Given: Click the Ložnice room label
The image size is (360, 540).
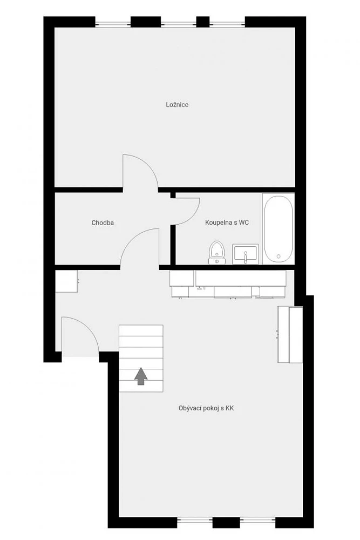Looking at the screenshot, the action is pyautogui.click(x=177, y=105).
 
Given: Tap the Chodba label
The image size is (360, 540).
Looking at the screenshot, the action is pyautogui.click(x=103, y=223).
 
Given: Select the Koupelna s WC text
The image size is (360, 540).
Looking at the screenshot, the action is pyautogui.click(x=227, y=222).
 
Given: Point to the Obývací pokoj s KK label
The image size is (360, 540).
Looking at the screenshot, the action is pyautogui.click(x=206, y=408).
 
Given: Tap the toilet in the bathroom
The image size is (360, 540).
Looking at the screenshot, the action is pyautogui.click(x=217, y=252).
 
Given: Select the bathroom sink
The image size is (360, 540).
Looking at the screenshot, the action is pyautogui.click(x=246, y=254).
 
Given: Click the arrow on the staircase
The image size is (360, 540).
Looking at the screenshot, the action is pyautogui.click(x=141, y=376).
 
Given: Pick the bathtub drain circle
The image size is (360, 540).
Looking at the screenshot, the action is pyautogui.click(x=279, y=256).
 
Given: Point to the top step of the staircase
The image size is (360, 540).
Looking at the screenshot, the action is pyautogui.click(x=141, y=330).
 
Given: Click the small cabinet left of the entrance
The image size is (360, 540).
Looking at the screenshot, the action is pyautogui.click(x=67, y=281).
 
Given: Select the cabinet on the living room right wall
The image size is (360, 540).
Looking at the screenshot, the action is pyautogui.click(x=290, y=334).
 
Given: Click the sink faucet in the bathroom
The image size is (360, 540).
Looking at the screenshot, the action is pyautogui.click(x=246, y=257).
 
